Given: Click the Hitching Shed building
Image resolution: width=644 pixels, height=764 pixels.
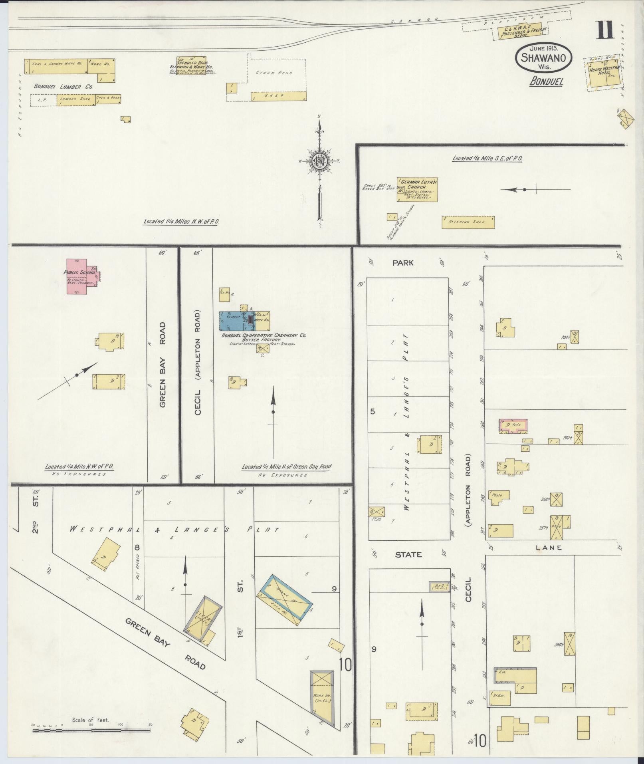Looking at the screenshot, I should point(468,222).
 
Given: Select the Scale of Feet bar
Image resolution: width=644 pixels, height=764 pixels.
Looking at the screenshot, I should point(91,450).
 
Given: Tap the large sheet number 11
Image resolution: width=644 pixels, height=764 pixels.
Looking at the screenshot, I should point(605,31).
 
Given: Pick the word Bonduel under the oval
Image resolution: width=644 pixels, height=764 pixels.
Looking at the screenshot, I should point(546,81).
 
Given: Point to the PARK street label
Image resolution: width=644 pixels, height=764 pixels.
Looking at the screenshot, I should point(403,263).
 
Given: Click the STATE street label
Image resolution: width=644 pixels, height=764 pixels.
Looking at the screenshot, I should point(408,554).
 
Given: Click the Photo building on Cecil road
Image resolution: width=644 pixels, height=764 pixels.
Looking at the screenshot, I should point(498,496).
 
